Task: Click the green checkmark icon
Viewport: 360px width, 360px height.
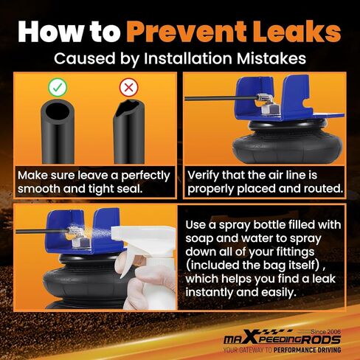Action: (x=58, y=87)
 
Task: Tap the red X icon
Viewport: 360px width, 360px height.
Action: (x=128, y=87)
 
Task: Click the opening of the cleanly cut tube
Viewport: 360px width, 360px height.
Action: (x=58, y=111)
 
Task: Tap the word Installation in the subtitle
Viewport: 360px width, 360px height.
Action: (x=188, y=58)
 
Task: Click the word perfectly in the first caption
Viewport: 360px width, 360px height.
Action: (x=145, y=176)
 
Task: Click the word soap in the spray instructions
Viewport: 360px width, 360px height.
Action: (x=199, y=238)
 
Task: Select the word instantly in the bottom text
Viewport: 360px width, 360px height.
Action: (x=210, y=292)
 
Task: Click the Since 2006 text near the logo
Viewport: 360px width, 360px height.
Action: (x=325, y=332)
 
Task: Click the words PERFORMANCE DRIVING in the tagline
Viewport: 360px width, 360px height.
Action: (x=307, y=350)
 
